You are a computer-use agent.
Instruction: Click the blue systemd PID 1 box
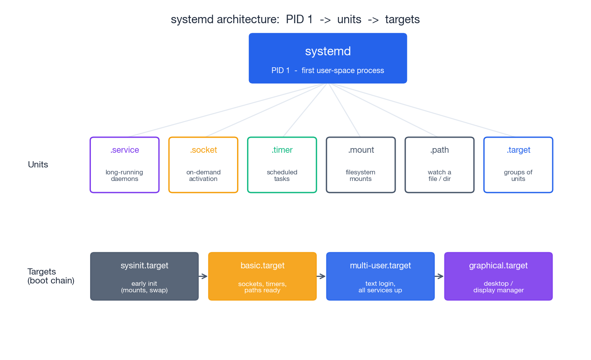(x=328, y=58)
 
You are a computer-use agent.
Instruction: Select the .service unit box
(x=125, y=165)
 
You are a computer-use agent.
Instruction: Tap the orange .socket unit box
(x=203, y=165)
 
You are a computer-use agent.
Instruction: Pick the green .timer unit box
(x=282, y=165)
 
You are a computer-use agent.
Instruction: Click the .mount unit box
(x=360, y=165)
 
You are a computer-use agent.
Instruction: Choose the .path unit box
(x=439, y=165)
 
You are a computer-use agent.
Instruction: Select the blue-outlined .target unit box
(x=518, y=165)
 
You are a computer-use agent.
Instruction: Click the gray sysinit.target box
(x=144, y=276)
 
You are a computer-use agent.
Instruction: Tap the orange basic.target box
(x=262, y=276)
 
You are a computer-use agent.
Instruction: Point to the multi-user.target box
(x=380, y=276)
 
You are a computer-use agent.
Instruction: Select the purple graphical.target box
(x=498, y=276)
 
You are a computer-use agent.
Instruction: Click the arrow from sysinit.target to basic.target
(x=203, y=276)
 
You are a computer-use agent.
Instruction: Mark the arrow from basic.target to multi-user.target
(x=321, y=276)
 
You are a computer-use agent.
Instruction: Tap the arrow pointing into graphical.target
(x=439, y=276)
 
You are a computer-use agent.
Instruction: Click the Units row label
(x=38, y=165)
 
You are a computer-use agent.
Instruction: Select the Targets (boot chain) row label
(x=51, y=276)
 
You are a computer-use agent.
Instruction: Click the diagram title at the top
(x=295, y=19)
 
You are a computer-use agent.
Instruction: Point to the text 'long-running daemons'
(x=125, y=176)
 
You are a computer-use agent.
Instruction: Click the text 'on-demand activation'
(x=203, y=176)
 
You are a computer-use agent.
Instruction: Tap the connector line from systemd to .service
(x=228, y=110)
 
